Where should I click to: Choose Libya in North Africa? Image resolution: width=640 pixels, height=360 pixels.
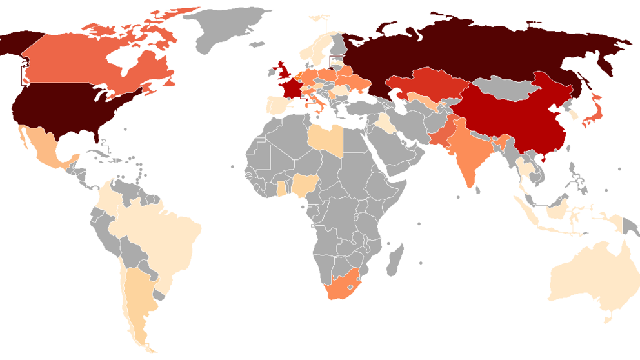tap(325, 138)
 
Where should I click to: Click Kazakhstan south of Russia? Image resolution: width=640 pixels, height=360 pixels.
tap(426, 87)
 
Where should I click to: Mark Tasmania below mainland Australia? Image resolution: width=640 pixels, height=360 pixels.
tap(606, 317)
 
